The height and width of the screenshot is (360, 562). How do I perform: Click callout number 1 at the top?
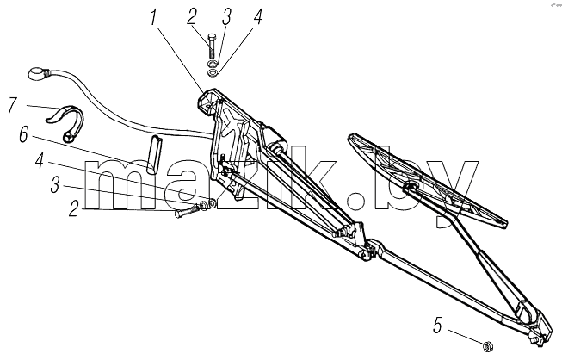point(154,18)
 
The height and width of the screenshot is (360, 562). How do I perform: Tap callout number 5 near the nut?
point(437,326)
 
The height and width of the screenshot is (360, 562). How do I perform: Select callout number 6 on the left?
point(23,135)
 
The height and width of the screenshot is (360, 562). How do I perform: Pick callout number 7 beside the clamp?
point(12,105)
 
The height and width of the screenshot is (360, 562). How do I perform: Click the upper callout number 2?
point(192,17)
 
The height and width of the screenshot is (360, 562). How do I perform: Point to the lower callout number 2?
point(74,208)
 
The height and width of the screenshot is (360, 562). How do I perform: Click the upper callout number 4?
point(257,16)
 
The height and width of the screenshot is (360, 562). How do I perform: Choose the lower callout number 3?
point(55,185)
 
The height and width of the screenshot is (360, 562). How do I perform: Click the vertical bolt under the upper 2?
point(211,46)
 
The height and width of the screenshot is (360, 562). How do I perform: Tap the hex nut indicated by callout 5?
point(487,347)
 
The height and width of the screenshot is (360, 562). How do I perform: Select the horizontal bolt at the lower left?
point(187,211)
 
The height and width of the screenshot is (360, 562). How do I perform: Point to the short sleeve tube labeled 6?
point(153,154)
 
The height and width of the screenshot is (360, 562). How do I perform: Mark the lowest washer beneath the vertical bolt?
point(213,73)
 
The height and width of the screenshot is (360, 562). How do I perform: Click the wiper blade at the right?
point(427,180)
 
